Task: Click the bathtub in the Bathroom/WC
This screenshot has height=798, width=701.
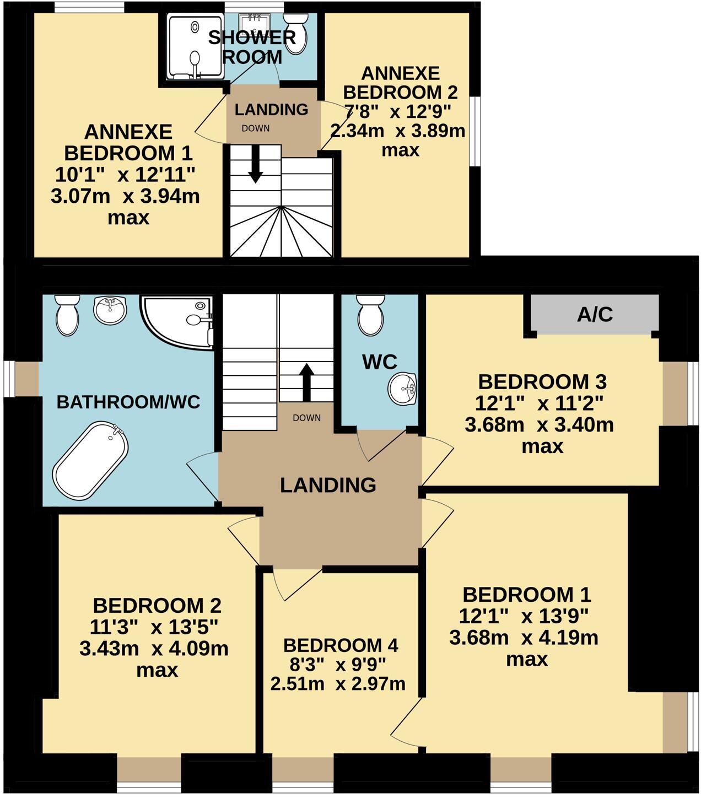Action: tap(90, 460)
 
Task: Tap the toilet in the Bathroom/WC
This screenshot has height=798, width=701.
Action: tap(68, 315)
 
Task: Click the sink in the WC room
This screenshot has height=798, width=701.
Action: tap(402, 388)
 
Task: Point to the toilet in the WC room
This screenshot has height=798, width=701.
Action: tap(370, 315)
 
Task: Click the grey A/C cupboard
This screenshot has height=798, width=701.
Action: tap(595, 314)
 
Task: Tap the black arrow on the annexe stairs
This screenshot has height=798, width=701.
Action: tap(255, 164)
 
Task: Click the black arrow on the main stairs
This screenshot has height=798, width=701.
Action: tap(306, 382)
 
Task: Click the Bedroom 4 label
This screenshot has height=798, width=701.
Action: tap(341, 645)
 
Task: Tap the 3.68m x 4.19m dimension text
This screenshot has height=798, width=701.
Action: tap(524, 638)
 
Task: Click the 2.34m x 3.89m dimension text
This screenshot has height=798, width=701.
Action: tap(397, 131)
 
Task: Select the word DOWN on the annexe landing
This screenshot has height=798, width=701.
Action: tap(256, 128)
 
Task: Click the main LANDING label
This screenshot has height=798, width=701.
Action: tap(328, 485)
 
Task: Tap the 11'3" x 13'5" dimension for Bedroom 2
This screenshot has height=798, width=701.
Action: tap(154, 627)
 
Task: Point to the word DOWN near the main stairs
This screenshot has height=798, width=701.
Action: tap(306, 418)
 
